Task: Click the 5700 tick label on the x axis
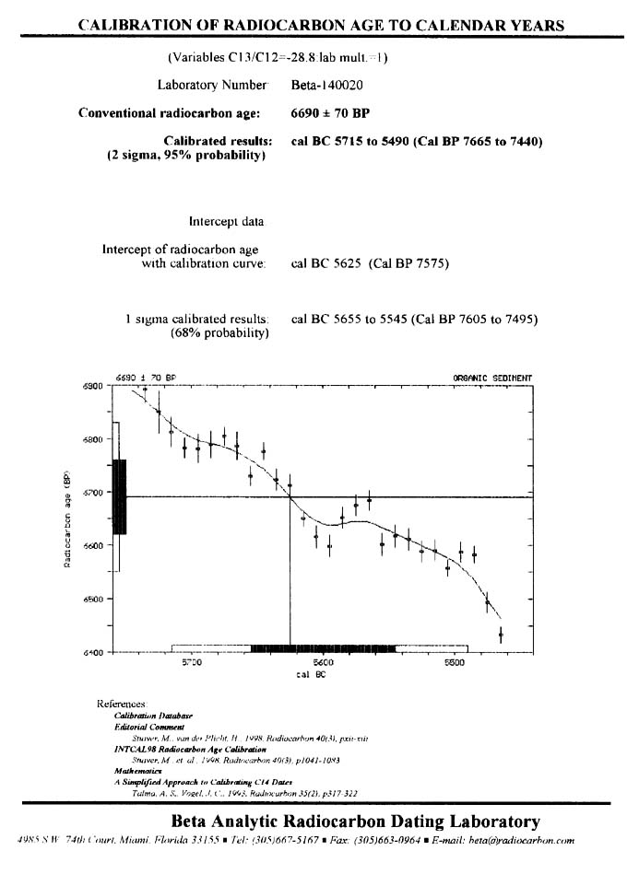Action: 192,662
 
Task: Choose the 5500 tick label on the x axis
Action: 455,662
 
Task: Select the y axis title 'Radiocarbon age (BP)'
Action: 67,520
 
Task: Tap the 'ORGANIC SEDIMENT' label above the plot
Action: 492,378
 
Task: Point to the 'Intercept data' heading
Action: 226,222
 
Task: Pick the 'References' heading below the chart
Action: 121,704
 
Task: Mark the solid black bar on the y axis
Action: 119,496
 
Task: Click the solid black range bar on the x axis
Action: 324,648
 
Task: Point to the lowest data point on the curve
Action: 501,635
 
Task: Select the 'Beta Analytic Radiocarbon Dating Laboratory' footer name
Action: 355,822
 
